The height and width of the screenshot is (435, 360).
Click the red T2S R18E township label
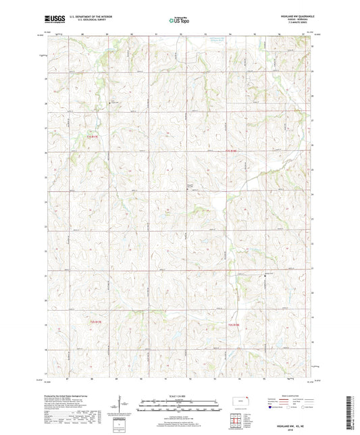[x=232, y=325]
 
